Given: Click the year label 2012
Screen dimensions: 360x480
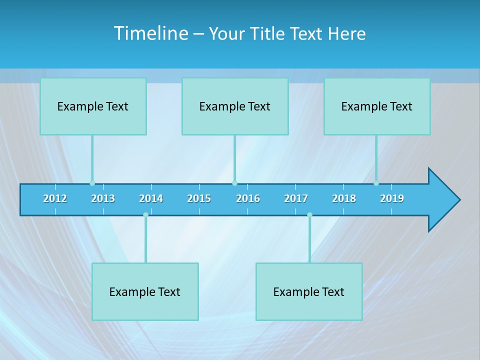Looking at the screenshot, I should pyautogui.click(x=55, y=198).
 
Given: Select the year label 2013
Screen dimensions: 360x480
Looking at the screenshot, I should pyautogui.click(x=103, y=198).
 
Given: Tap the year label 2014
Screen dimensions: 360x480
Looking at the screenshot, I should pyautogui.click(x=151, y=198).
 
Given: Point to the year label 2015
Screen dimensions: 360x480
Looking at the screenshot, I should pyautogui.click(x=199, y=198).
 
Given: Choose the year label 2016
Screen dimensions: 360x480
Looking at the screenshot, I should pyautogui.click(x=248, y=198).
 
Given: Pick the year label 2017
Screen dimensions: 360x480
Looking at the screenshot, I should pyautogui.click(x=296, y=198).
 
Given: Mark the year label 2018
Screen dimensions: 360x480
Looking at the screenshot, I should pyautogui.click(x=344, y=198).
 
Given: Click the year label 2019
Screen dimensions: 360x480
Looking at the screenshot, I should pyautogui.click(x=392, y=198).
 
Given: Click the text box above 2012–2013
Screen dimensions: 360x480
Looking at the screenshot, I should pyautogui.click(x=93, y=106).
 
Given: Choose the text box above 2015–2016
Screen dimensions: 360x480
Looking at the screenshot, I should pyautogui.click(x=235, y=106).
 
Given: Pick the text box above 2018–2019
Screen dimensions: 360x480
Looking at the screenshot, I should pyautogui.click(x=377, y=106).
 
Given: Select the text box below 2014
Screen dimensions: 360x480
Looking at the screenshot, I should pyautogui.click(x=145, y=292).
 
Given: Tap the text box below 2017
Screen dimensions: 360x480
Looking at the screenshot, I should pyautogui.click(x=309, y=292).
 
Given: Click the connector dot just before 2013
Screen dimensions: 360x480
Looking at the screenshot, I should pyautogui.click(x=92, y=183).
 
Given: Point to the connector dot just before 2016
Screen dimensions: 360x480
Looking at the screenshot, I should pyautogui.click(x=234, y=183).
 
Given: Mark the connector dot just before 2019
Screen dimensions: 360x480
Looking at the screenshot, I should pyautogui.click(x=376, y=183).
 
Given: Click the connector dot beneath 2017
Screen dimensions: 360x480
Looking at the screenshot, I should pyautogui.click(x=309, y=215).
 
